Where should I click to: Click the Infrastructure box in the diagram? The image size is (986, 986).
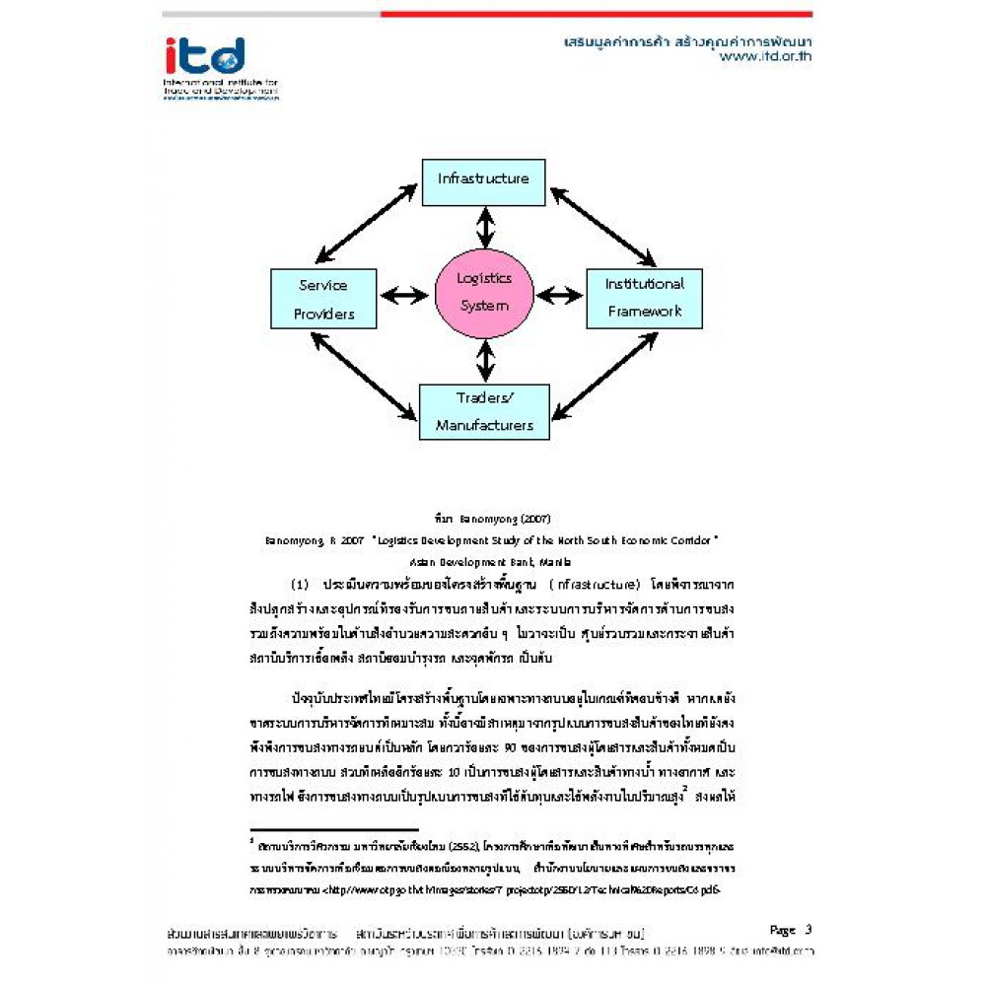(483, 179)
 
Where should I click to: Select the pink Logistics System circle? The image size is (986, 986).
(484, 293)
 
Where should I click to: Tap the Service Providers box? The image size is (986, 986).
(323, 300)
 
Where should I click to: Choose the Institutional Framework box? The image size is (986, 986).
(645, 298)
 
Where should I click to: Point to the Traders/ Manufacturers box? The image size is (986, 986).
(484, 411)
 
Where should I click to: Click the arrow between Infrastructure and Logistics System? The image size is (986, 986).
(484, 228)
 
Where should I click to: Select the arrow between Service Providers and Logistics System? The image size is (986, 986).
(404, 294)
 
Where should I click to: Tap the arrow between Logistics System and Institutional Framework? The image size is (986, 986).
(560, 294)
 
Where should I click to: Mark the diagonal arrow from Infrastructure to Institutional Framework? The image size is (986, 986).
(603, 227)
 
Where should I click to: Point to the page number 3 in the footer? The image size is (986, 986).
(808, 929)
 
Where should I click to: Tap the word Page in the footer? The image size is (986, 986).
(782, 929)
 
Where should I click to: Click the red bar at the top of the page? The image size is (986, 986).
(596, 14)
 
